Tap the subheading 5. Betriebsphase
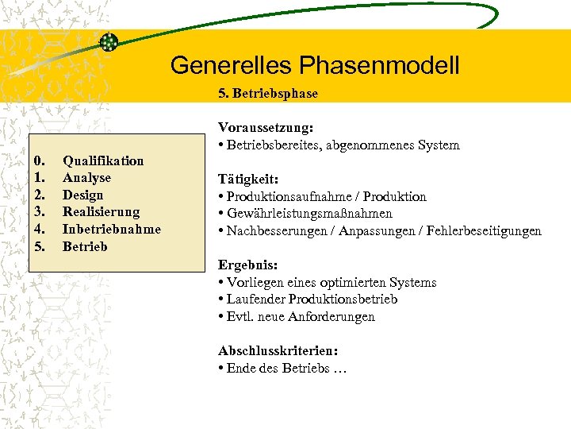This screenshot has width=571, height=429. (268, 93)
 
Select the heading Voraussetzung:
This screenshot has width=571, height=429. (266, 127)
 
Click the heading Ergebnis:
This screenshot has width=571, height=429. (247, 265)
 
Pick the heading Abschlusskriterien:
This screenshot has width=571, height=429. (278, 351)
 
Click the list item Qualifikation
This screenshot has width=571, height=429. (103, 160)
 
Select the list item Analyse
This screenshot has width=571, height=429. (86, 178)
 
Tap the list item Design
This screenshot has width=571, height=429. (82, 195)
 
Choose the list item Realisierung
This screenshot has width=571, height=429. (101, 212)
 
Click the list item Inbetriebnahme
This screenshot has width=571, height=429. (111, 229)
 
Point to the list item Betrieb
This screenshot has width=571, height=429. (84, 246)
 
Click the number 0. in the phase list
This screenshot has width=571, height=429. (41, 160)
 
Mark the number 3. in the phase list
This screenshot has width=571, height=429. (41, 212)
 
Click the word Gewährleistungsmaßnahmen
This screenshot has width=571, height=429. (309, 214)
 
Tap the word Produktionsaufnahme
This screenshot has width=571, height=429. (287, 196)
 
